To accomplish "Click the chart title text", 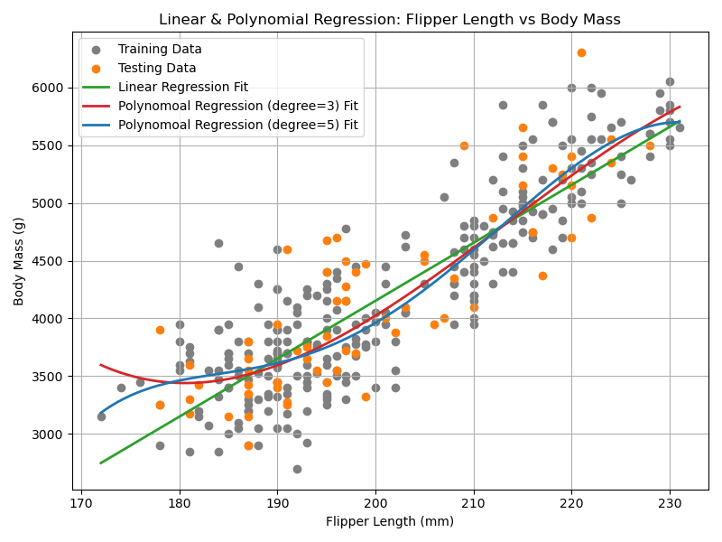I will [390, 20].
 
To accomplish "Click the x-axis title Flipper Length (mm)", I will [390, 521].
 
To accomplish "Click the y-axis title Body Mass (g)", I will [19, 261].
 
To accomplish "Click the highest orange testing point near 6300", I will [581, 52].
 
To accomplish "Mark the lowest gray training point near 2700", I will [297, 469].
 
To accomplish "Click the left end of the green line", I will [101, 463].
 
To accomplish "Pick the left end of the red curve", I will [101, 365].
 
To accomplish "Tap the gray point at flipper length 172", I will [101, 416].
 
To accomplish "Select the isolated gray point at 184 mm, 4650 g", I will [218, 243].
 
